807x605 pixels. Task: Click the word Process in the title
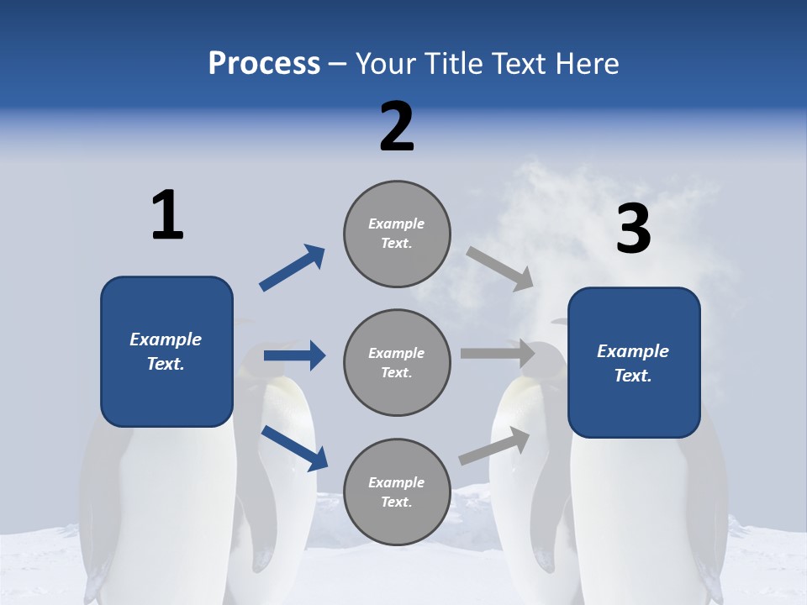click(264, 64)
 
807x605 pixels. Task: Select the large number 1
click(167, 215)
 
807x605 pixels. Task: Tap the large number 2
click(397, 127)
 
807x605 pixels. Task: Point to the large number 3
click(633, 229)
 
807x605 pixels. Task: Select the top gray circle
click(397, 234)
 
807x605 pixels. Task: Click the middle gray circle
click(397, 363)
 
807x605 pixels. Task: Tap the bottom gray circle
click(397, 492)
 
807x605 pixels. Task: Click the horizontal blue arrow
click(294, 355)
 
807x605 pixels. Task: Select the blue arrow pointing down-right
click(294, 447)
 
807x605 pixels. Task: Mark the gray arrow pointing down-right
click(500, 268)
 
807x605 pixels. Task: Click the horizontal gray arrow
click(498, 354)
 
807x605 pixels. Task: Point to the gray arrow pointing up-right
click(495, 445)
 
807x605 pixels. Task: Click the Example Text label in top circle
click(397, 234)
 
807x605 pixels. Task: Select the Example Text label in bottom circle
click(397, 492)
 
